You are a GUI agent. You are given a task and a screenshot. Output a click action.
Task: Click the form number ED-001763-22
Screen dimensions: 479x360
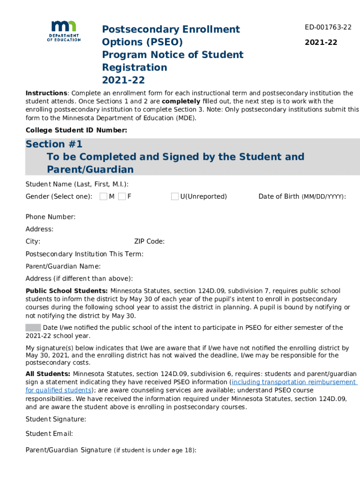[328, 27]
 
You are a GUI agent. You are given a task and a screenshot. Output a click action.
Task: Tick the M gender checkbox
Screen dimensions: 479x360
[103, 196]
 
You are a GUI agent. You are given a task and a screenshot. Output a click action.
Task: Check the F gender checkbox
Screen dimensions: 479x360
[122, 196]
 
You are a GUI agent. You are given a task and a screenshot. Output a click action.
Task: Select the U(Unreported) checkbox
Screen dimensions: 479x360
[175, 196]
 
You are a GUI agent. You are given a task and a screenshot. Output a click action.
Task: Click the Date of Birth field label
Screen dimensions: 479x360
[302, 196]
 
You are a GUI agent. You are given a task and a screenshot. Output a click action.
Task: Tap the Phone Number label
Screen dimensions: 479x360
[50, 217]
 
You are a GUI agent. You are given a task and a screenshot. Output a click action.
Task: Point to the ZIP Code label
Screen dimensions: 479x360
[149, 241]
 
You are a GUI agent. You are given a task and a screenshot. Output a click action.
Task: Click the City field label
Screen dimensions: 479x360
[33, 241]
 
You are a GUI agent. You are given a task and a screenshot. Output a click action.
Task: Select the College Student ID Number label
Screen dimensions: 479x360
[76, 130]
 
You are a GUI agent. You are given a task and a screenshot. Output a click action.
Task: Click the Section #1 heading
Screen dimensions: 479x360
[54, 144]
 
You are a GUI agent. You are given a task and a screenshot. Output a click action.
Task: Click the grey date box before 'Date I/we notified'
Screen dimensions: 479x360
[33, 327]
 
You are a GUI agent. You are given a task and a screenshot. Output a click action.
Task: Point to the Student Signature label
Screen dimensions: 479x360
[56, 419]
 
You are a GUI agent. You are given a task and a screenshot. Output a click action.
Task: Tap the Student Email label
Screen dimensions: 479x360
[49, 434]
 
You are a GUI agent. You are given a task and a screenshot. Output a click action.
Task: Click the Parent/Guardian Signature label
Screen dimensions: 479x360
[69, 450]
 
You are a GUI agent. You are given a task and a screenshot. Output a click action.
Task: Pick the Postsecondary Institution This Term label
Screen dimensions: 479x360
[85, 254]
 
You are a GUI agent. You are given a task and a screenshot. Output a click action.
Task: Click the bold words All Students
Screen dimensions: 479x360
[48, 374]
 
